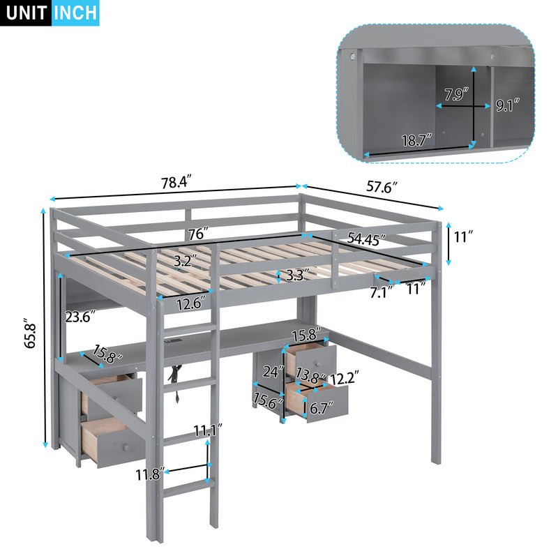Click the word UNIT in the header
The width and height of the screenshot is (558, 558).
click(x=26, y=13)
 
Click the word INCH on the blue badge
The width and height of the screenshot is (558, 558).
click(x=75, y=13)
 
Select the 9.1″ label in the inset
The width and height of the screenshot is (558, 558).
click(x=509, y=106)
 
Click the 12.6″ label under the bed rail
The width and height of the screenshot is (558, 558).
click(x=188, y=303)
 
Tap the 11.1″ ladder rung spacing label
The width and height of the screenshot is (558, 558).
click(x=209, y=431)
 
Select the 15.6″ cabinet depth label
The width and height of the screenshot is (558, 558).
click(x=269, y=402)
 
